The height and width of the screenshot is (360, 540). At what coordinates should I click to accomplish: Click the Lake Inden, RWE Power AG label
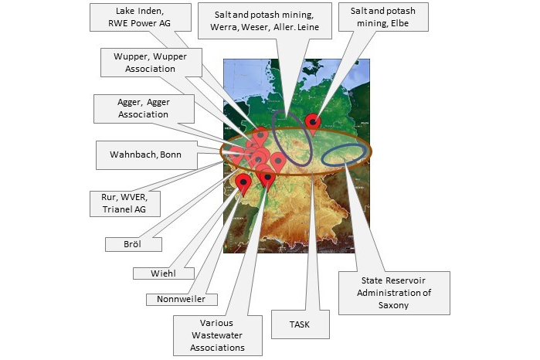click(141, 17)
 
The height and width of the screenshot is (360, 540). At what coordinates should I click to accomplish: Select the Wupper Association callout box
click(151, 63)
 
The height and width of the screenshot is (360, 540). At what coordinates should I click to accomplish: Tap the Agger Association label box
click(144, 109)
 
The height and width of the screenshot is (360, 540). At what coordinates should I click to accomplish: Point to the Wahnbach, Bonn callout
click(147, 155)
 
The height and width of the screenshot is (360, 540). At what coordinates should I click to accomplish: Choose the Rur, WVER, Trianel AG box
click(125, 204)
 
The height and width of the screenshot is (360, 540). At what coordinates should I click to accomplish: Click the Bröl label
click(134, 244)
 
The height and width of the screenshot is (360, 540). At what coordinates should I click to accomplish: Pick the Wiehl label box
click(164, 273)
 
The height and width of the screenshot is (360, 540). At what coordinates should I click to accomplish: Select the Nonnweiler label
click(182, 300)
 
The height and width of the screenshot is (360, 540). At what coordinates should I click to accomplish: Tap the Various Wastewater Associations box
click(218, 335)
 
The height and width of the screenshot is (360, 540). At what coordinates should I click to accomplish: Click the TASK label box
click(301, 324)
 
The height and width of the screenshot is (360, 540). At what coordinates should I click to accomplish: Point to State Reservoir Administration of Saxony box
click(394, 293)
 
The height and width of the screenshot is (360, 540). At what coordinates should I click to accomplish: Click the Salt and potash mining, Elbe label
click(384, 17)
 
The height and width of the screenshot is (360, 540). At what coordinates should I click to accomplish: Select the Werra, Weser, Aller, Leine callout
click(265, 21)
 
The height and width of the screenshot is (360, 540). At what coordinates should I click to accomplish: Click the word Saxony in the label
click(394, 306)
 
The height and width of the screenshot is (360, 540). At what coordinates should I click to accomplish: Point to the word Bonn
click(171, 155)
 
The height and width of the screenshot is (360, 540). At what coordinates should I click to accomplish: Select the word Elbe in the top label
click(400, 23)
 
